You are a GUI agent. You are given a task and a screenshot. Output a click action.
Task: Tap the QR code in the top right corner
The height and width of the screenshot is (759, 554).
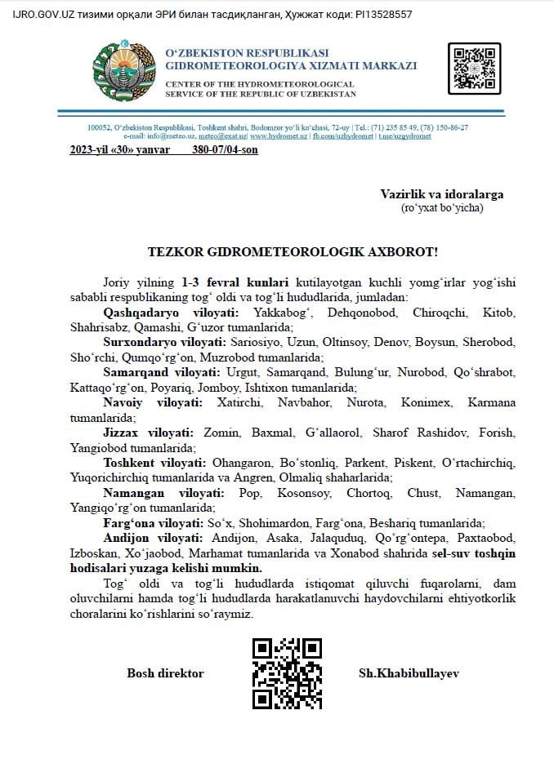(474, 69)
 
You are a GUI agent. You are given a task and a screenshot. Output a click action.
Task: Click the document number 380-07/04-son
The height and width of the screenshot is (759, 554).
(225, 150)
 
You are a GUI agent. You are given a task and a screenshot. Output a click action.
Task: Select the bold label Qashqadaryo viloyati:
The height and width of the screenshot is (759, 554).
(172, 313)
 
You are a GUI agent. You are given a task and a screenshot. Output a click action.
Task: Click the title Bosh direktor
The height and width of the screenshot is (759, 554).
(165, 673)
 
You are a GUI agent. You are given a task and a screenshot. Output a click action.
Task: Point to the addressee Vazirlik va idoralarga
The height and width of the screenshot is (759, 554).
(441, 194)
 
